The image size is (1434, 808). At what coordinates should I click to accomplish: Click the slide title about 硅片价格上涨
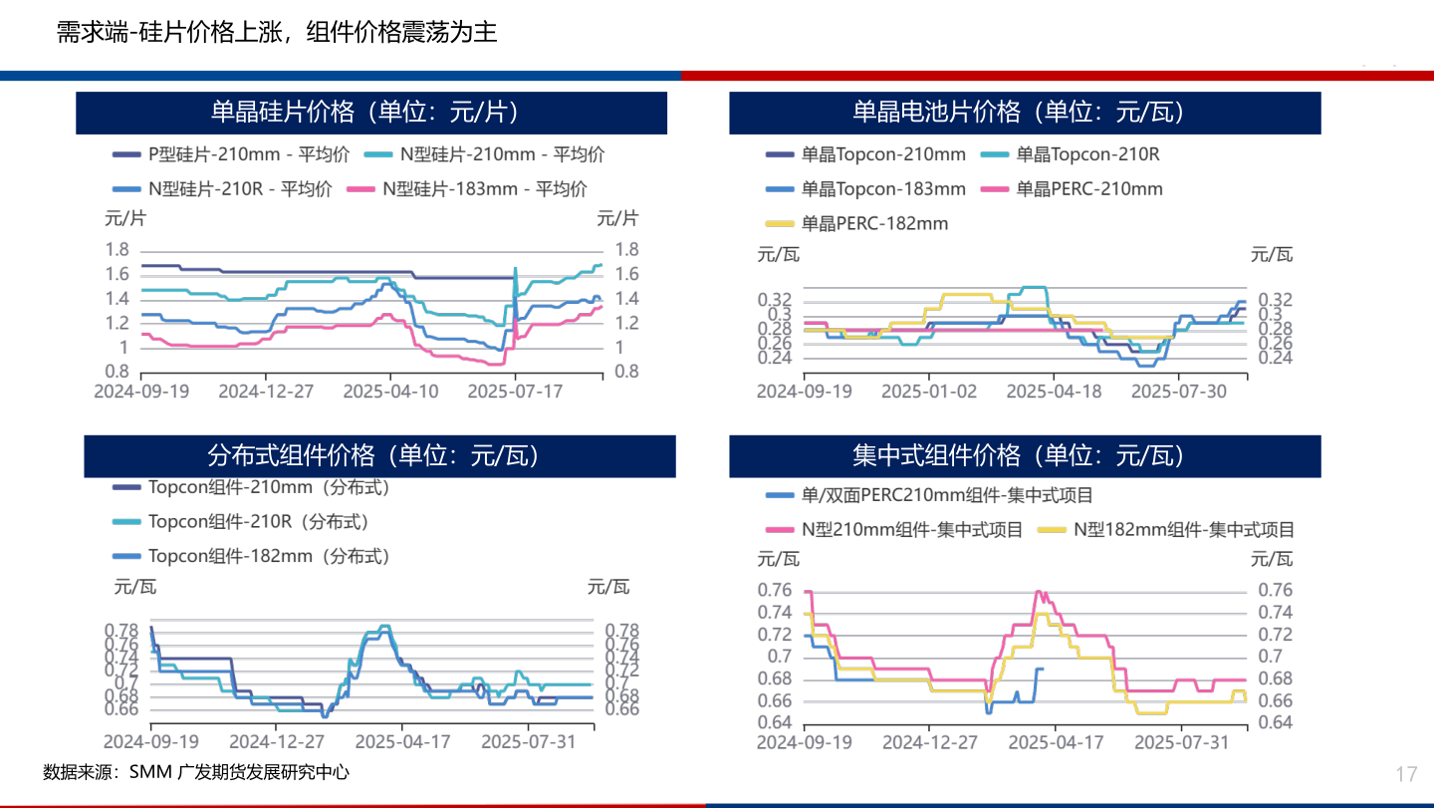tap(276, 33)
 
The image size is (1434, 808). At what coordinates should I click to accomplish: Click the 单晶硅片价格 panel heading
tap(370, 113)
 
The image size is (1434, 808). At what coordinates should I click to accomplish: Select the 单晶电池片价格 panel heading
tap(1025, 113)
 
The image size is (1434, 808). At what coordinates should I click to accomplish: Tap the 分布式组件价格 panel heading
tap(378, 455)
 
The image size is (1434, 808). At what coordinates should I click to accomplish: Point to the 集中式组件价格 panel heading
tap(1025, 455)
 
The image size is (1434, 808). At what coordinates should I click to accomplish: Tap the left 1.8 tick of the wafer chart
tap(117, 250)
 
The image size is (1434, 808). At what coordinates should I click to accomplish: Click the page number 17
tap(1406, 774)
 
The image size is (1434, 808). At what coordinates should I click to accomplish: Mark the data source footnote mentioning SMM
tap(196, 772)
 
